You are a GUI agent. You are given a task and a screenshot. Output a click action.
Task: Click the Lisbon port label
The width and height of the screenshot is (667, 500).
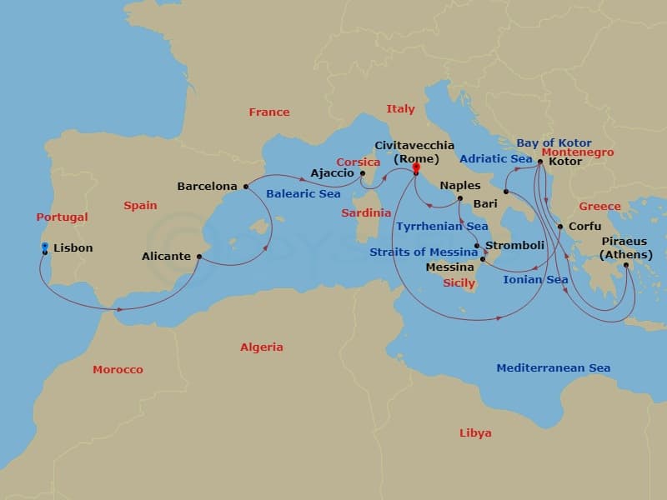(x=73, y=247)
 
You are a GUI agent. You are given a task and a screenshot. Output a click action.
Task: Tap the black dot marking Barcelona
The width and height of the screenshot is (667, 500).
(x=244, y=187)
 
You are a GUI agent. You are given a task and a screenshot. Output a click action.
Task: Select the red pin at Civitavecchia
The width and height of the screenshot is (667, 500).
(x=415, y=167)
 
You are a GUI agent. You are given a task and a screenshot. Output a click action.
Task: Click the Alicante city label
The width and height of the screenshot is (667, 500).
(x=166, y=256)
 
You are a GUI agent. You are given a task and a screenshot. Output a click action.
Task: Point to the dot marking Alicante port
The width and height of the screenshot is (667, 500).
(x=198, y=257)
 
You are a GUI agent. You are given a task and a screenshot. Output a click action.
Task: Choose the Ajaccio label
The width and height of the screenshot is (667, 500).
(x=332, y=173)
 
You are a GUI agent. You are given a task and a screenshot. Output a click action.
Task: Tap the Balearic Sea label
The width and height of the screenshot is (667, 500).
(x=303, y=193)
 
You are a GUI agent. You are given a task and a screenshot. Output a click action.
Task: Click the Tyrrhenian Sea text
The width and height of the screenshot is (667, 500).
(x=442, y=226)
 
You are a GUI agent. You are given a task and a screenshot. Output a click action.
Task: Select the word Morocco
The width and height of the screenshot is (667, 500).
(x=118, y=369)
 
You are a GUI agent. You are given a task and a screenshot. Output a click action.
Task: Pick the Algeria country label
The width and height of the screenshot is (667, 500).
(x=261, y=347)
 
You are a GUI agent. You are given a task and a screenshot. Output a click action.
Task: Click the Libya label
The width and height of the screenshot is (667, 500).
(x=475, y=432)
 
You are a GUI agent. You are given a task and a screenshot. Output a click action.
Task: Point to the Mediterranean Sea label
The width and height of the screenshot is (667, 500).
(x=553, y=367)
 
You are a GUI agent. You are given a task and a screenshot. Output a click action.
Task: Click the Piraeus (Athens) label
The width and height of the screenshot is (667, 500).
(x=625, y=248)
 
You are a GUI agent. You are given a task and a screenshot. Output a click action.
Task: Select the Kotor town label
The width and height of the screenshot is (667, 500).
(x=566, y=162)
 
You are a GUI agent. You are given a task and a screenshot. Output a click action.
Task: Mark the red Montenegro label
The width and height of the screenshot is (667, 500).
(x=577, y=152)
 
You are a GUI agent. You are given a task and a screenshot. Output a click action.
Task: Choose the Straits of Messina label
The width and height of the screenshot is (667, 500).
(x=424, y=252)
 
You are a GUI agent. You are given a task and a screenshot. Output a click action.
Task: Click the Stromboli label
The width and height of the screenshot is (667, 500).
(x=514, y=245)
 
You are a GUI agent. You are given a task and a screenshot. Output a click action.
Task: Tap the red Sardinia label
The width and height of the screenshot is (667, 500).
(x=366, y=212)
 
